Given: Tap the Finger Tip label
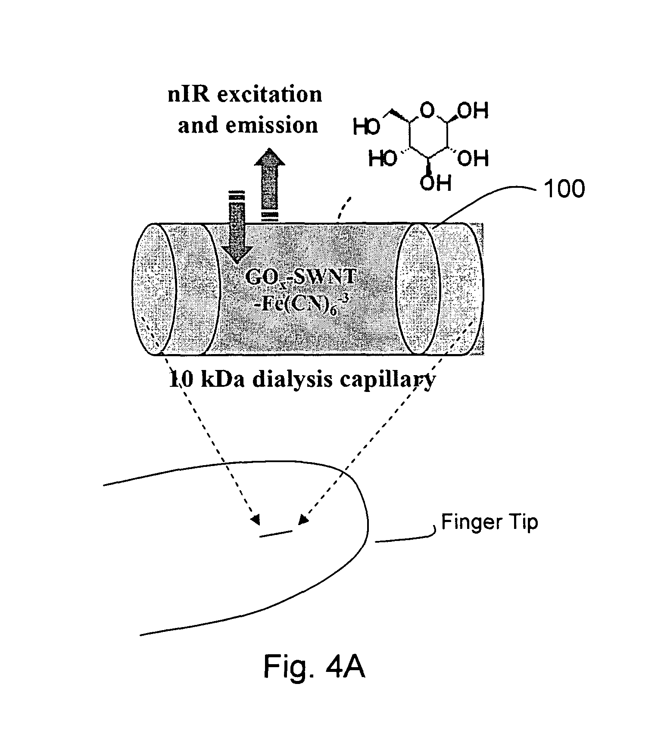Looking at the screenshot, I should click(x=490, y=522).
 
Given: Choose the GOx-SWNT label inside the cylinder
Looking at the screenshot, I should click(x=300, y=277).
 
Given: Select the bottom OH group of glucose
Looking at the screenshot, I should click(x=436, y=183).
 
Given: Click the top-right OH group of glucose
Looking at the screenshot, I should click(x=473, y=111).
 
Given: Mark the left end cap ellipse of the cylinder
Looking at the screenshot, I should click(x=155, y=289).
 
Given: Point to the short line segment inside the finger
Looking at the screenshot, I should click(x=276, y=534).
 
